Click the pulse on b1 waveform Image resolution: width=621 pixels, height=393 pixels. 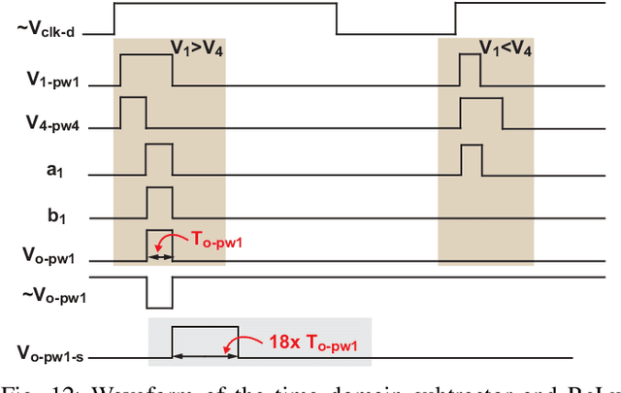coord(159,201)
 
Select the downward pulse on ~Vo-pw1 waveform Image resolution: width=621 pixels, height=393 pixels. coord(159,291)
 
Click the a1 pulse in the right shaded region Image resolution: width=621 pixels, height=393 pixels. coord(472,157)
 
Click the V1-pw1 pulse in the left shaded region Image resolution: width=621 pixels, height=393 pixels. coord(147,71)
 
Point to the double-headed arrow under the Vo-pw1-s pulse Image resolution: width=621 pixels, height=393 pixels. coord(205,356)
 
